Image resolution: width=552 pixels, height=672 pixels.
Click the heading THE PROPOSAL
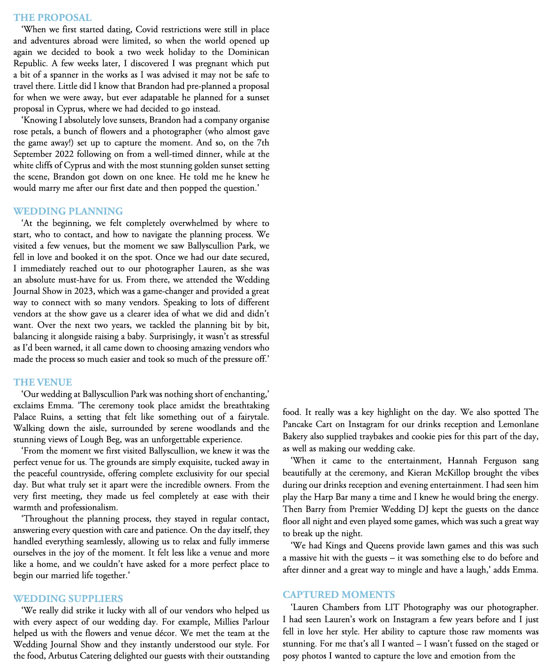pyautogui.click(x=53, y=18)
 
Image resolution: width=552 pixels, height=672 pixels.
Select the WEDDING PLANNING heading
pyautogui.click(x=68, y=211)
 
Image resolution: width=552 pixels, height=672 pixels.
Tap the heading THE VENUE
pyautogui.click(x=43, y=383)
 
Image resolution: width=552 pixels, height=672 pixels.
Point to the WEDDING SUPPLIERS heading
pyautogui.click(x=68, y=599)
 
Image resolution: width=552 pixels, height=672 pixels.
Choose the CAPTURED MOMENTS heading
pyautogui.click(x=339, y=594)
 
